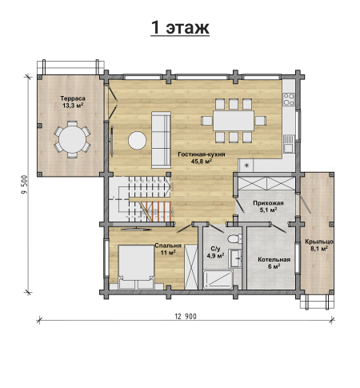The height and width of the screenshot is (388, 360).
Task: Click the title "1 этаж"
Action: pos(180,27)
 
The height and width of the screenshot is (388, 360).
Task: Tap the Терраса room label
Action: pos(73,98)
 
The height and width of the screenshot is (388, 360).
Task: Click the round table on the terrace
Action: pos(73,139)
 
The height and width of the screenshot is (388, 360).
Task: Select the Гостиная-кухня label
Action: pos(202,154)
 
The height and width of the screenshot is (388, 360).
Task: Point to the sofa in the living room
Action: pos(161,140)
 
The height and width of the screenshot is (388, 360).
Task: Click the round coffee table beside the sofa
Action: pos(137,140)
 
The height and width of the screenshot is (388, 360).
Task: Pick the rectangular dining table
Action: pos(234,121)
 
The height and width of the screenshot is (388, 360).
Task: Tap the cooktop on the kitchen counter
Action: pos(289,99)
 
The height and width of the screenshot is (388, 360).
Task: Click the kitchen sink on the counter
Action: pos(289,144)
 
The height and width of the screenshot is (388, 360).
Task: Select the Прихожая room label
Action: pos(268,203)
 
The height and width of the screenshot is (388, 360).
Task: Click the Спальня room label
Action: pos(168,246)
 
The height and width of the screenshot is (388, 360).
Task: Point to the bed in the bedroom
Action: pos(136,267)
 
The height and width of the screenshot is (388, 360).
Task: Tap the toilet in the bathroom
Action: pos(234,238)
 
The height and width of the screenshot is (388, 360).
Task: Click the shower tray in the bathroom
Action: pos(218,279)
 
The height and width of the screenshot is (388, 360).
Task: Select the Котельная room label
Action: pos(274,260)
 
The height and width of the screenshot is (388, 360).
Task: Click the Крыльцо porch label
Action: pos(319,242)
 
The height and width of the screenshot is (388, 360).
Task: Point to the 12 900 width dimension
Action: pos(186,317)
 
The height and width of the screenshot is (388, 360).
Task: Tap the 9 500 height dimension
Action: pos(25,185)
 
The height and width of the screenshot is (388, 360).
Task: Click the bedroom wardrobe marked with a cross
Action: pos(191,267)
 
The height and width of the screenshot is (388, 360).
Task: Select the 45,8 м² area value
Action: pos(202,161)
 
